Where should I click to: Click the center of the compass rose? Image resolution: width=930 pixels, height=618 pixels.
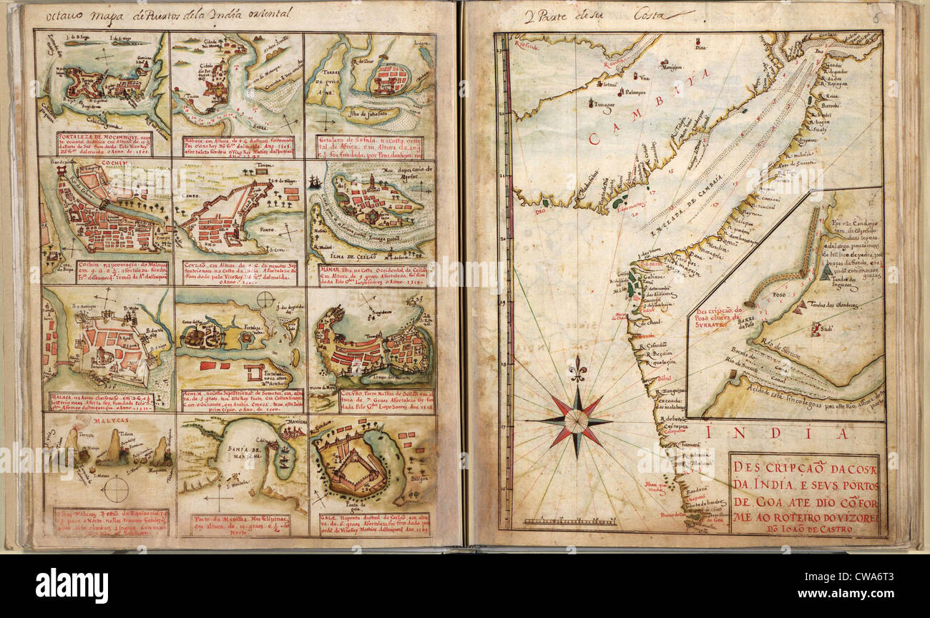click(577, 421)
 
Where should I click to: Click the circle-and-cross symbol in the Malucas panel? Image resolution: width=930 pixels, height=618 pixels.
click(114, 490)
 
